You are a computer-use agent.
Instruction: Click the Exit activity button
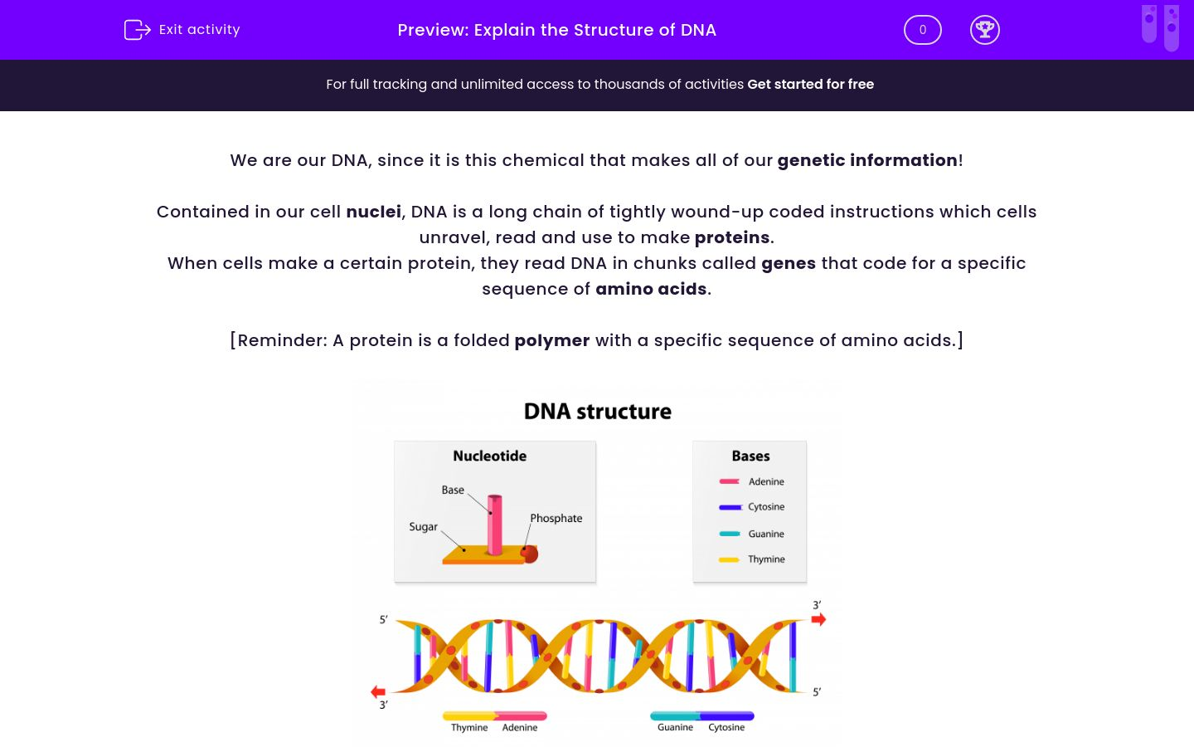[182, 30]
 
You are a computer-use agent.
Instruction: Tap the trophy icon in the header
[984, 30]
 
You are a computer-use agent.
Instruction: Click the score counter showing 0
[922, 30]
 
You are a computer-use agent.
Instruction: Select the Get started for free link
[810, 84]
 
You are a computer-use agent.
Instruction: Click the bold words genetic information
[866, 160]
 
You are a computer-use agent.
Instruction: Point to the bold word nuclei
[373, 212]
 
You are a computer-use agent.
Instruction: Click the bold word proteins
[732, 237]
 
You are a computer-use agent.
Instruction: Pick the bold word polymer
[551, 340]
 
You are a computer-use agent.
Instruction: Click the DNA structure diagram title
[597, 411]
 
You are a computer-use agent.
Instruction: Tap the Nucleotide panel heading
[489, 456]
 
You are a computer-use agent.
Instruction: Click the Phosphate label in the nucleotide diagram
[556, 518]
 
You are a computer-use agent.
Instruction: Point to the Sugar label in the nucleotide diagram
[423, 526]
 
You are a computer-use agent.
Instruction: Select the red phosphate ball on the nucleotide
[529, 553]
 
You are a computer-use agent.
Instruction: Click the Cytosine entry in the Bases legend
[765, 507]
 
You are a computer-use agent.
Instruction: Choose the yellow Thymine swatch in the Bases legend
[729, 559]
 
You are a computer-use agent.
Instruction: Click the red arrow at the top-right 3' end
[818, 619]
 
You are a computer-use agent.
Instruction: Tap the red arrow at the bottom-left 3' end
[378, 691]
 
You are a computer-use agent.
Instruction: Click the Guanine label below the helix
[675, 727]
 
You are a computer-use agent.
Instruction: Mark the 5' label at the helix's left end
[383, 619]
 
